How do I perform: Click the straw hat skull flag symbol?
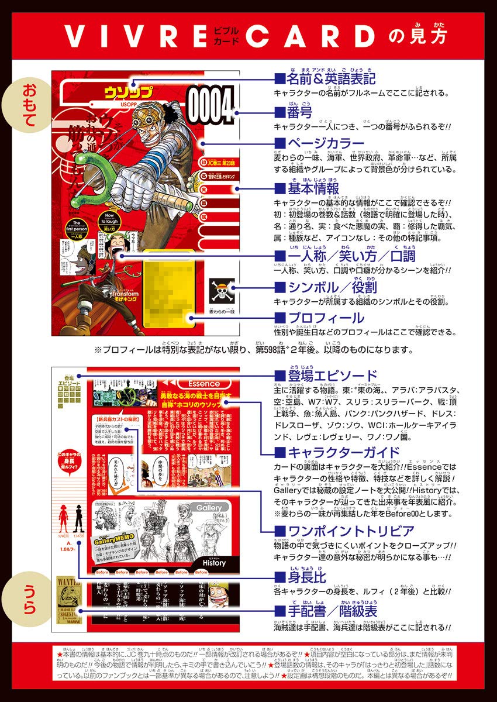click(x=222, y=288)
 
